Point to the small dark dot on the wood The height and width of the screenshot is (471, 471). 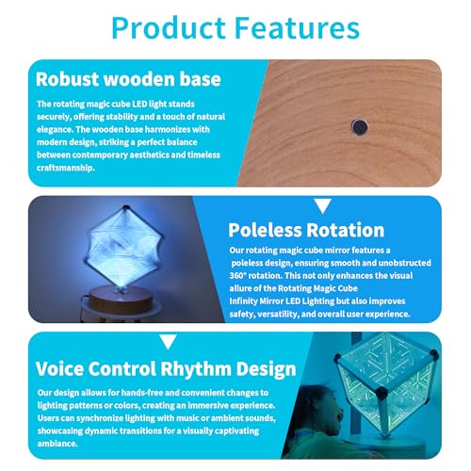[x=360, y=123]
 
